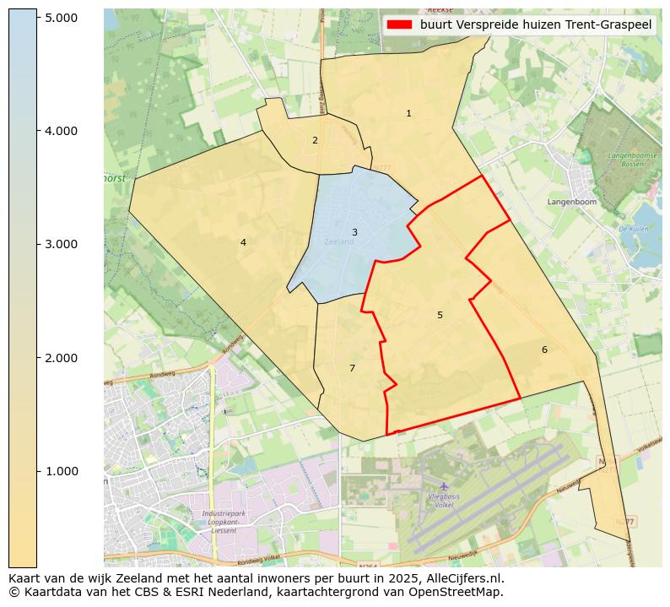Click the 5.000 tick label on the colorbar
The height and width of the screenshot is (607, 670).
[62, 18]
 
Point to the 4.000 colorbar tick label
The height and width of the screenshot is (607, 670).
[62, 131]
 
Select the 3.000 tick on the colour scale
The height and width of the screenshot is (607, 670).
[62, 244]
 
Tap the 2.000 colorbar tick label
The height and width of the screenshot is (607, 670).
[62, 358]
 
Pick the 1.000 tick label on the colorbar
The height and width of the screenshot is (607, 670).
[62, 471]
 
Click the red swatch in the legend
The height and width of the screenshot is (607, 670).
[400, 24]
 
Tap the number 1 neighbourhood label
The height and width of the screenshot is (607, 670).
[408, 113]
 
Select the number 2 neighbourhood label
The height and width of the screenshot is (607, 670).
[315, 140]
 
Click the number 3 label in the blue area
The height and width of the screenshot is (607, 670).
[354, 232]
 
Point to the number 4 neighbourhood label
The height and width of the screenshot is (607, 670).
[243, 242]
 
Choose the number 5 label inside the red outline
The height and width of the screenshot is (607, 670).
[440, 315]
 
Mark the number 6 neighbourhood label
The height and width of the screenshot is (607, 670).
[544, 350]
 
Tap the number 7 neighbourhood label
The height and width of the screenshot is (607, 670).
[352, 368]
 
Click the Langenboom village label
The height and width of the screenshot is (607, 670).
[571, 203]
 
